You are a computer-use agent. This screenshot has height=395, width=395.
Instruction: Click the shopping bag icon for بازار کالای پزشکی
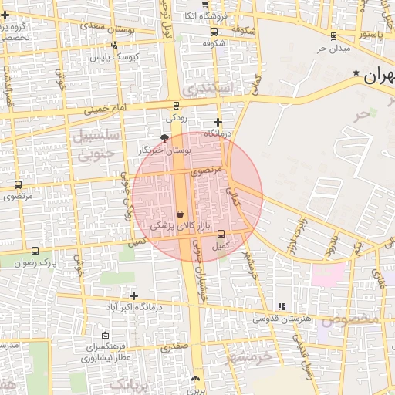[180, 214]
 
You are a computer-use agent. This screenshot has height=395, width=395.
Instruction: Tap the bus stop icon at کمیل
[221, 233]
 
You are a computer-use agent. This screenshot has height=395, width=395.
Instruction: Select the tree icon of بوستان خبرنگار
[165, 137]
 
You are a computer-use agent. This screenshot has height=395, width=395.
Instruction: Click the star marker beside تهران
[356, 73]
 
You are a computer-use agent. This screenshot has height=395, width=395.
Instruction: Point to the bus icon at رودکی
[176, 106]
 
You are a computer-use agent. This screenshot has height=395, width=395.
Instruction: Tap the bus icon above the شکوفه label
[214, 32]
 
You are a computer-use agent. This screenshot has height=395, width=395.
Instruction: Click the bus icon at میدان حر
[333, 35]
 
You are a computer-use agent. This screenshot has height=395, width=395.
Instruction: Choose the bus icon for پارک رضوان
[35, 251]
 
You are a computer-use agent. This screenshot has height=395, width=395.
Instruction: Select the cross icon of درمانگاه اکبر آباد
[134, 295]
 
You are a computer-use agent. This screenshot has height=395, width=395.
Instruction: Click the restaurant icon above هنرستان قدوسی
[281, 306]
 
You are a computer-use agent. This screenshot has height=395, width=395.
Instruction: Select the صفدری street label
[174, 347]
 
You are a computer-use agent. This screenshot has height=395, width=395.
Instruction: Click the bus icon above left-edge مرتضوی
[18, 185]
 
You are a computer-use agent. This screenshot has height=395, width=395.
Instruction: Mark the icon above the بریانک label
[195, 379]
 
